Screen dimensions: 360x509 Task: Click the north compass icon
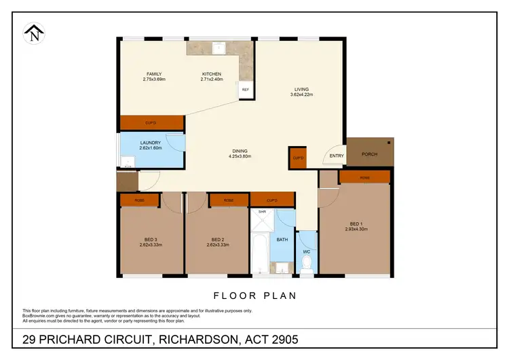point(33,33)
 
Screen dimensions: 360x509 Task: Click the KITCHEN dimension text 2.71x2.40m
point(212,79)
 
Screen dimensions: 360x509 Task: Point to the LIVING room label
point(301,88)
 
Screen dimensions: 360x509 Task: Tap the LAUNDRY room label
point(151,143)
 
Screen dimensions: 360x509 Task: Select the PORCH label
point(369,154)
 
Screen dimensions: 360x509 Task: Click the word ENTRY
point(337,156)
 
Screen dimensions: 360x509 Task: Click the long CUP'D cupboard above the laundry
point(151,123)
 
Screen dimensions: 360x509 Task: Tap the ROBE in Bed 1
point(364,177)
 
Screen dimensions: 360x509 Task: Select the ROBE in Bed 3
point(140,200)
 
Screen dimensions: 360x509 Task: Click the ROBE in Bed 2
point(229,200)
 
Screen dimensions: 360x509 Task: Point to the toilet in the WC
point(307,261)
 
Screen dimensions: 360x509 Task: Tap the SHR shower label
point(262,211)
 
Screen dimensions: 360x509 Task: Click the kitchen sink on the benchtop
point(219,48)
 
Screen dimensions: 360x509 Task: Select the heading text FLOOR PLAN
point(254,296)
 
